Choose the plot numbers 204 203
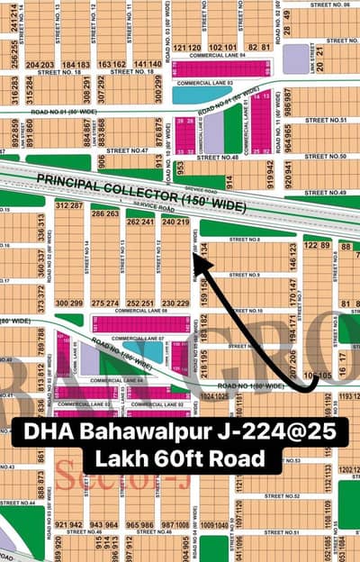pos(40,65)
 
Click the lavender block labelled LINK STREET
pos(295,59)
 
